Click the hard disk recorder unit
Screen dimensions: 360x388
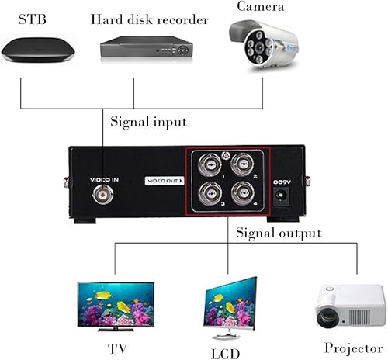[146, 49]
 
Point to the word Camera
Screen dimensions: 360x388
[262, 7]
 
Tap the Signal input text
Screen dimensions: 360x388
[149, 121]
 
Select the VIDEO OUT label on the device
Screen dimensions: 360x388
[165, 181]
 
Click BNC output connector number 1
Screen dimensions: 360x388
[209, 165]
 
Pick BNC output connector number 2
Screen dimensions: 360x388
[242, 165]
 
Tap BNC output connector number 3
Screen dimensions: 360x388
[209, 194]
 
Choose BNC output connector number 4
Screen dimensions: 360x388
[242, 194]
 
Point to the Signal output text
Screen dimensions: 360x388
[278, 232]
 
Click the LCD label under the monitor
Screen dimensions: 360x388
[226, 351]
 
